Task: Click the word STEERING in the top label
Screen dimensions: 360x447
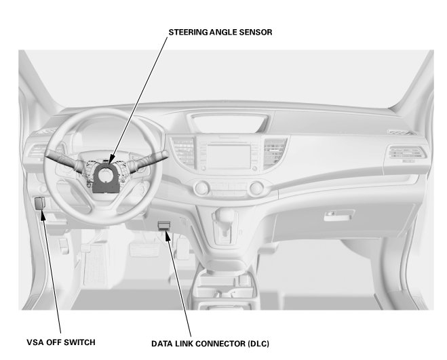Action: click(189, 32)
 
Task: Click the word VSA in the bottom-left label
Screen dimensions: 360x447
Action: click(36, 342)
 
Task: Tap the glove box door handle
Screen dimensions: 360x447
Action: click(337, 216)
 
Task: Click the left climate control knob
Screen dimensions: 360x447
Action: click(201, 187)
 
